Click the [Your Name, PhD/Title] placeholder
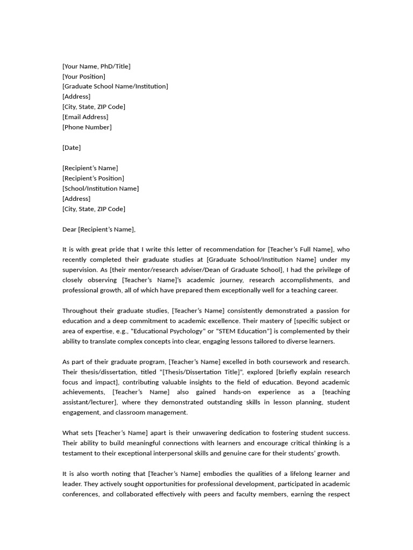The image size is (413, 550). (x=96, y=66)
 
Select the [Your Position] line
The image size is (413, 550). (x=84, y=76)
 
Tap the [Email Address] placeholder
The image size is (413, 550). (x=85, y=117)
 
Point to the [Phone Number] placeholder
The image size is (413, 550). (x=87, y=127)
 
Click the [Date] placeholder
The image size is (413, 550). (x=72, y=147)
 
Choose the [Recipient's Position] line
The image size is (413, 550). (x=93, y=178)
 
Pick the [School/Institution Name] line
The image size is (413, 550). (x=101, y=188)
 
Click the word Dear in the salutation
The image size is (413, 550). (x=69, y=229)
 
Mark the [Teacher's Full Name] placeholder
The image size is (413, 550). (x=303, y=249)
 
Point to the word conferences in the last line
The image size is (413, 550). (x=80, y=494)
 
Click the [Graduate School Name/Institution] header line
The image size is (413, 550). (x=115, y=86)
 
